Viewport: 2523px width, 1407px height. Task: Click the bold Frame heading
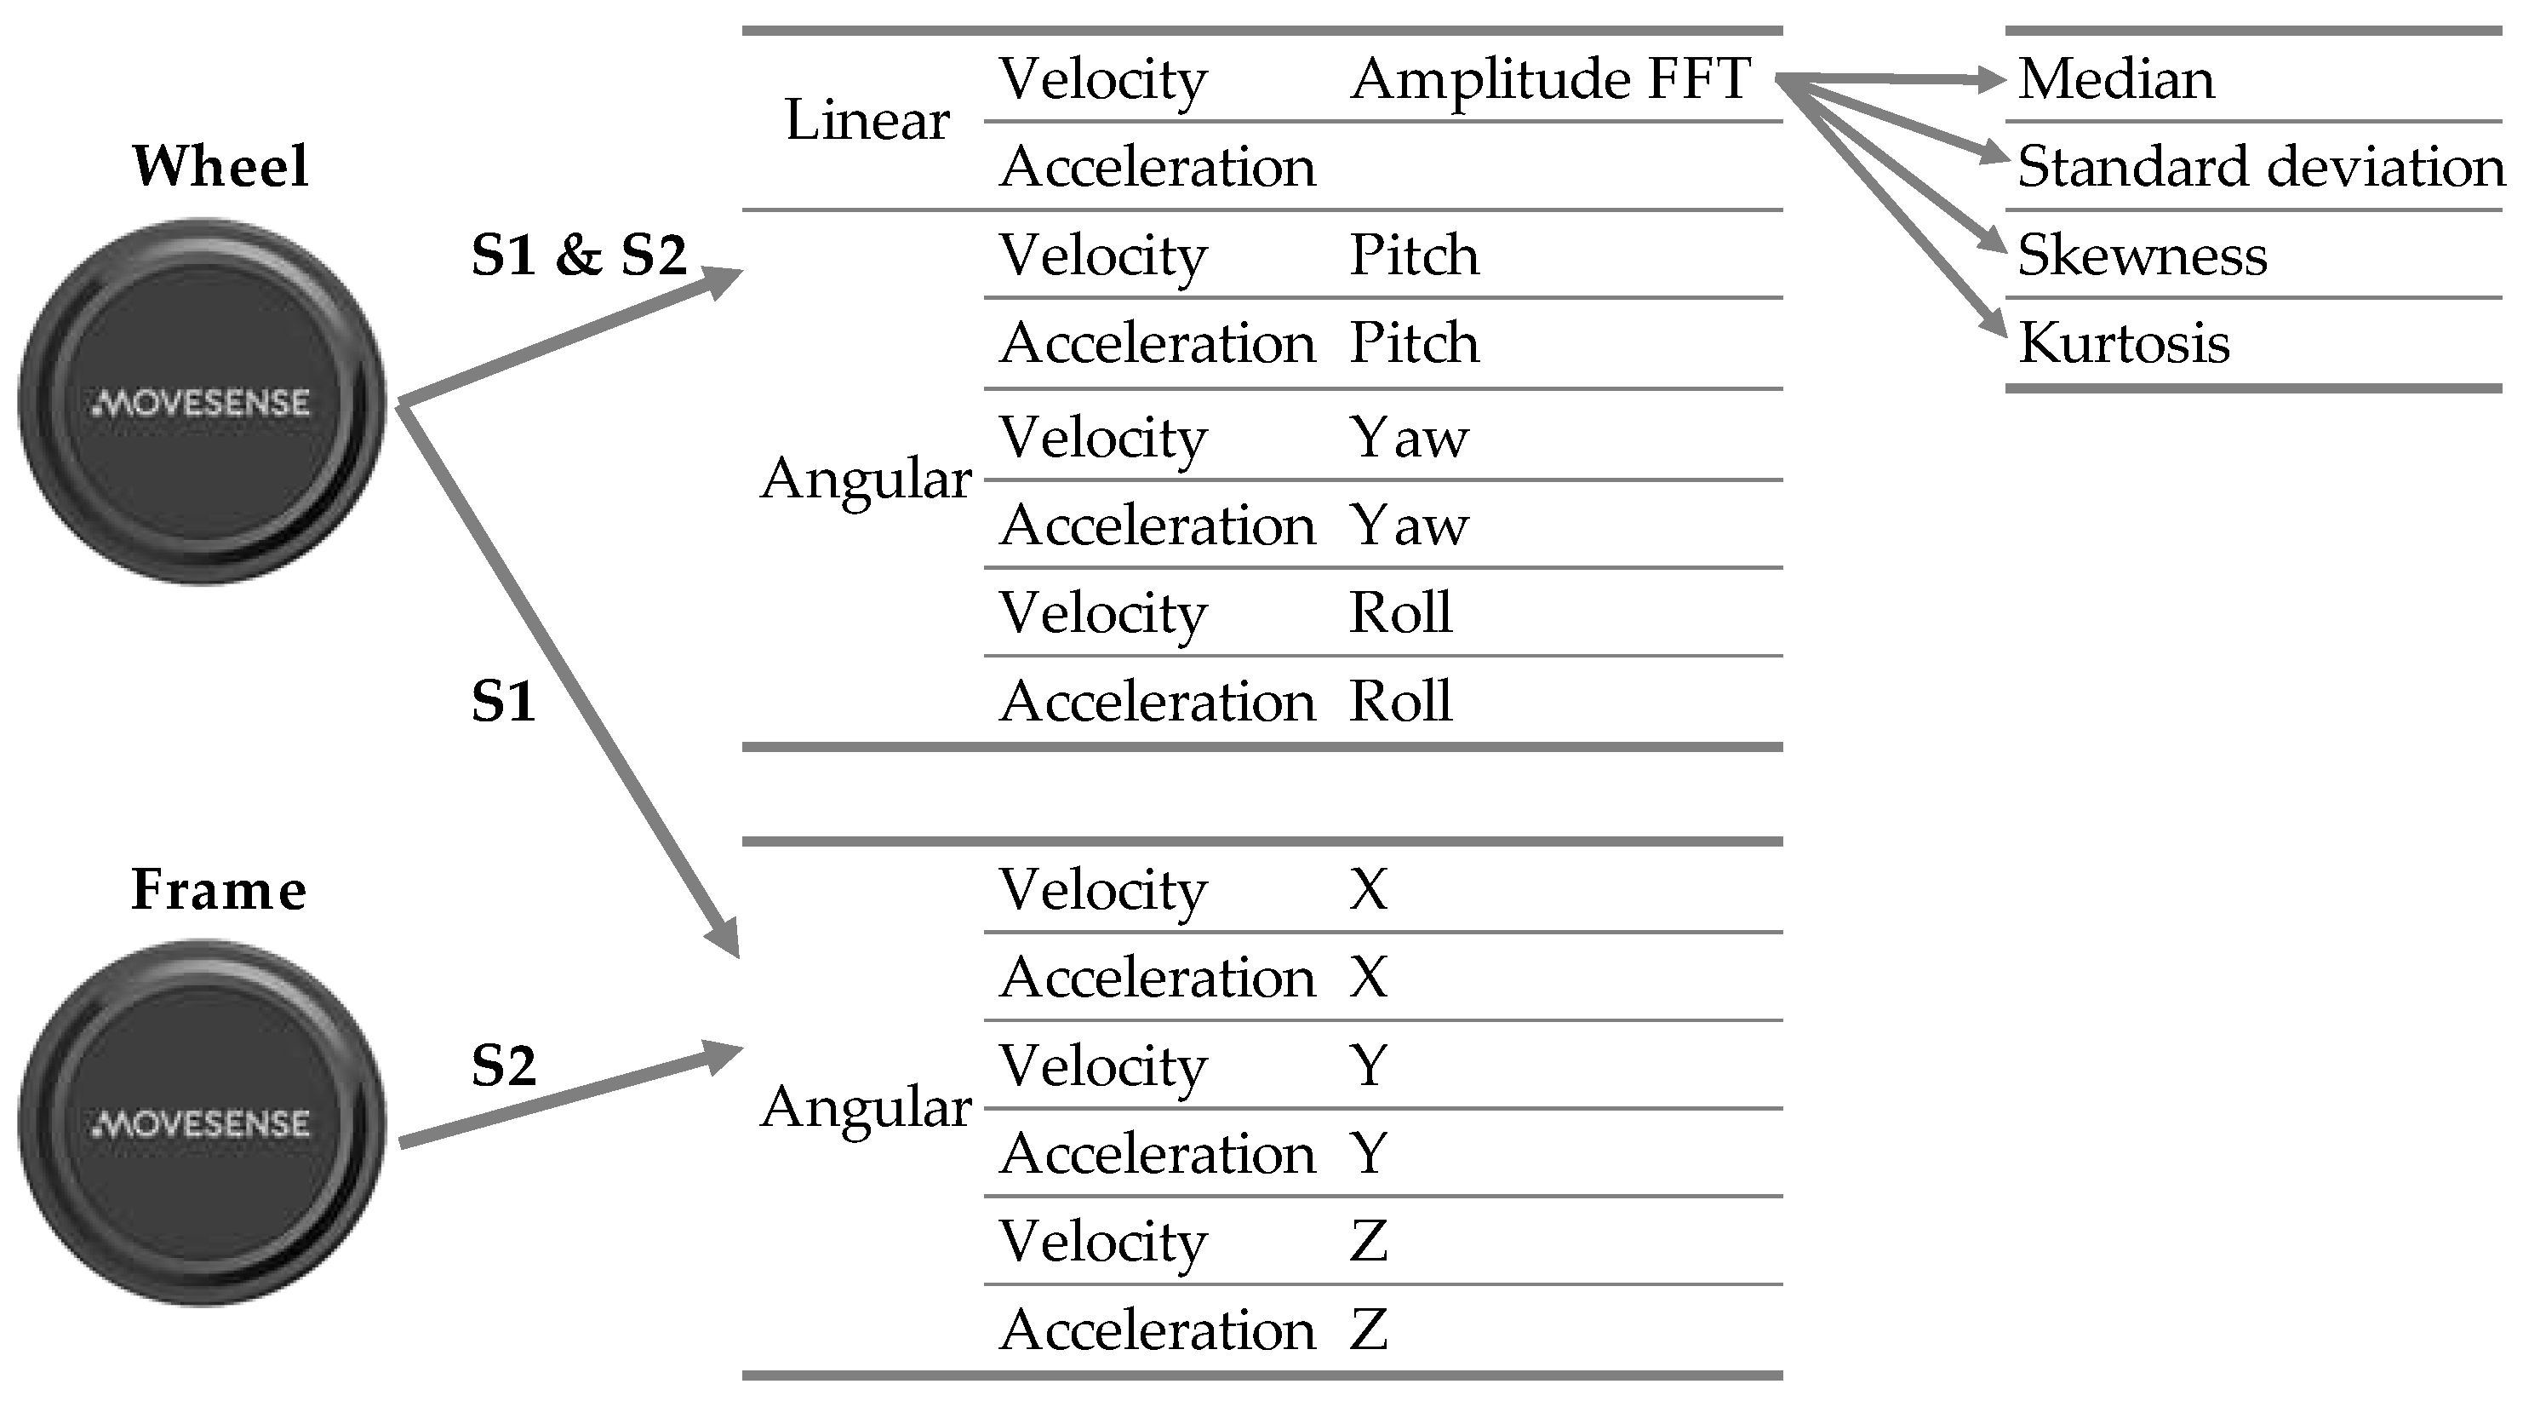pyautogui.click(x=219, y=891)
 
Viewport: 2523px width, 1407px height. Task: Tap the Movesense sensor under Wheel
pyautogui.click(x=202, y=402)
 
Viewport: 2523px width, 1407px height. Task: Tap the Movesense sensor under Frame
pyautogui.click(x=202, y=1123)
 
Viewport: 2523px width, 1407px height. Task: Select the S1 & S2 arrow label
pyautogui.click(x=579, y=256)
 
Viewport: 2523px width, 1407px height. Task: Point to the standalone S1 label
pyautogui.click(x=503, y=703)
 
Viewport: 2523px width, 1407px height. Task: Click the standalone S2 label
pyautogui.click(x=503, y=1066)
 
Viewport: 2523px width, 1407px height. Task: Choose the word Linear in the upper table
pyautogui.click(x=867, y=122)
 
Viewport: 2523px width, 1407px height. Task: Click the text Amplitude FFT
pyautogui.click(x=1549, y=78)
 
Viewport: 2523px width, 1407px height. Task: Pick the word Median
pyautogui.click(x=2115, y=78)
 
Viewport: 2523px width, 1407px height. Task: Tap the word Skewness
pyautogui.click(x=2142, y=255)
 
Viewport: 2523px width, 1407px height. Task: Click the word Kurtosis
pyautogui.click(x=2124, y=343)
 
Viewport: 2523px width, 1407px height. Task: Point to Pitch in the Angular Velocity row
pyautogui.click(x=1413, y=255)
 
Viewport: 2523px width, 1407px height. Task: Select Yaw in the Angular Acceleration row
pyautogui.click(x=1409, y=525)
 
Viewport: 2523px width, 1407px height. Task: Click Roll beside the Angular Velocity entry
pyautogui.click(x=1400, y=613)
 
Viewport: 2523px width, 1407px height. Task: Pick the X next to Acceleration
pyautogui.click(x=1368, y=978)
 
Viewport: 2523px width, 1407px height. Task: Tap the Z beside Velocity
pyautogui.click(x=1368, y=1242)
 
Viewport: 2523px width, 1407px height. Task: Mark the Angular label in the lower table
pyautogui.click(x=866, y=1107)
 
